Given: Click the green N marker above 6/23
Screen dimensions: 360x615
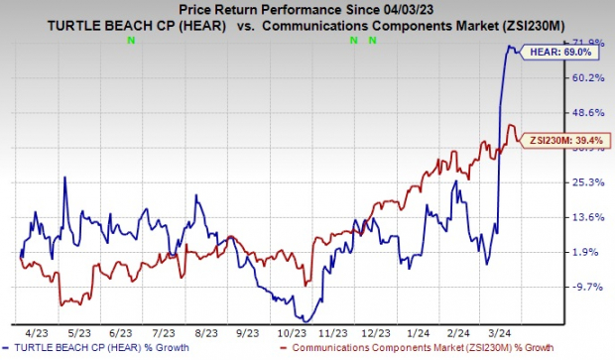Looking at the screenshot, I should click(x=130, y=41).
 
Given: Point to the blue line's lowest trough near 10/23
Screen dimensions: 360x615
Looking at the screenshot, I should click(x=304, y=319).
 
